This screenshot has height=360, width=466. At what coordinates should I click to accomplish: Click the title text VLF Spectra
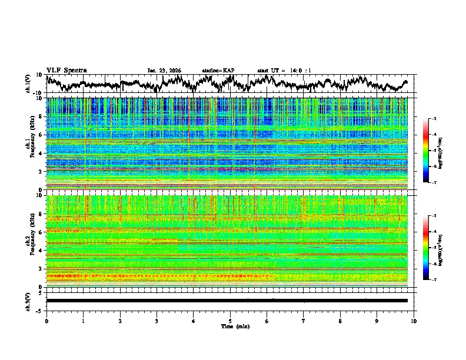click(x=66, y=71)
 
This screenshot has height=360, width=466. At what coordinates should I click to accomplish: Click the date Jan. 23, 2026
click(x=164, y=71)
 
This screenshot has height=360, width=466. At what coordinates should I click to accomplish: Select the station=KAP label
click(x=218, y=71)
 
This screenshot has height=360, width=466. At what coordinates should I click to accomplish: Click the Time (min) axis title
click(x=230, y=326)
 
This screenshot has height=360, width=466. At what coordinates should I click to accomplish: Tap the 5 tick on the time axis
click(x=230, y=320)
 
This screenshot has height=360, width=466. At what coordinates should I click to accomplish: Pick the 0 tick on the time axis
click(x=46, y=320)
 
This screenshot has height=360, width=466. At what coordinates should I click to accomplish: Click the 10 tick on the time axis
click(x=414, y=320)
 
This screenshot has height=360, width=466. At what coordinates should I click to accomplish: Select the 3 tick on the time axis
click(x=157, y=320)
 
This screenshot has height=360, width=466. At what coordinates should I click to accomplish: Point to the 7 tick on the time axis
click(x=304, y=320)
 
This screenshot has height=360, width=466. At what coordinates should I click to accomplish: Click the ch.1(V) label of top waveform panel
click(x=28, y=84)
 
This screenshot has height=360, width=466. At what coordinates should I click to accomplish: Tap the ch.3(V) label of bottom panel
click(x=28, y=301)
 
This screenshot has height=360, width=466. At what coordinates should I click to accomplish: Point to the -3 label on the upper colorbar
click(x=436, y=119)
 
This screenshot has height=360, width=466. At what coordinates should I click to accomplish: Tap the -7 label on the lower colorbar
click(x=436, y=279)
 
